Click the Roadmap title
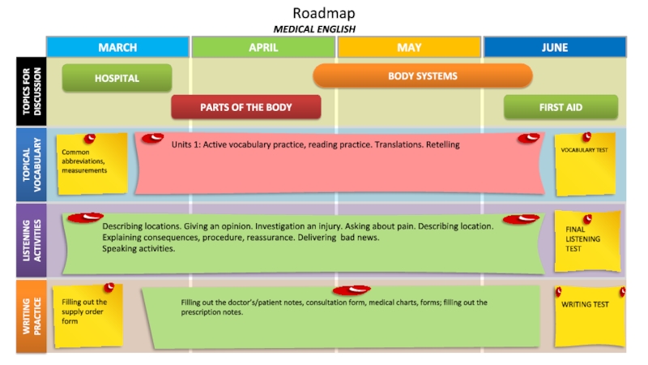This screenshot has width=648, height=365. coord(323,13)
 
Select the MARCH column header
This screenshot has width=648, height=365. coord(117,47)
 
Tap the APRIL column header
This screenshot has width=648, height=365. coord(263,47)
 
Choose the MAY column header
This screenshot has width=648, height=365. coord(409,47)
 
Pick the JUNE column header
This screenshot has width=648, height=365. coord(555,47)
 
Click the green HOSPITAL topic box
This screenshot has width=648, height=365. coord(117,78)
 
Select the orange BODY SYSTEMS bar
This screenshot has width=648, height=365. coord(422,75)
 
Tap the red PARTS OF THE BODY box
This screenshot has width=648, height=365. coord(246,106)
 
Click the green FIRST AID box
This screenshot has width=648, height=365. coord(561,106)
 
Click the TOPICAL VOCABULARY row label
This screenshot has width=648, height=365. coord(31,165)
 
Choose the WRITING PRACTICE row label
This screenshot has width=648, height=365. coord(31,316)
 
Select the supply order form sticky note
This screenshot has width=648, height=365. coord(86,314)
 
